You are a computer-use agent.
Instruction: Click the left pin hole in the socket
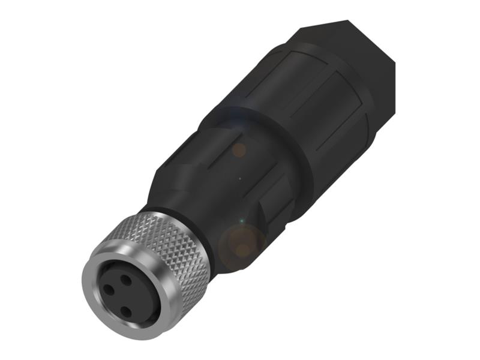pos(109,289)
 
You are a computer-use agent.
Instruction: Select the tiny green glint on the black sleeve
pos(241,220)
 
